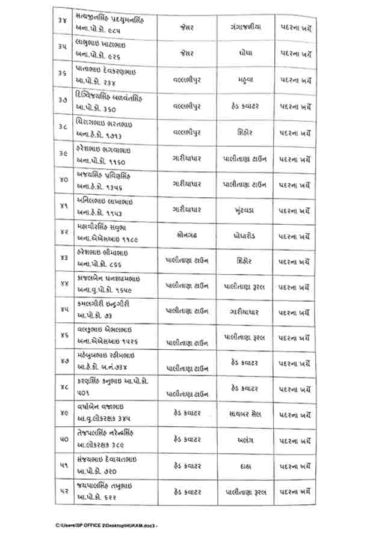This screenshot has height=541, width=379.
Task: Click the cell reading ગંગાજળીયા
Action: (x=247, y=27)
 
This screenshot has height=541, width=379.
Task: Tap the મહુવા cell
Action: (x=247, y=79)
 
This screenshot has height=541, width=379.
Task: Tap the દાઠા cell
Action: (x=247, y=466)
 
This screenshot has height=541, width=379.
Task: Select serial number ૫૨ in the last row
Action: (x=63, y=492)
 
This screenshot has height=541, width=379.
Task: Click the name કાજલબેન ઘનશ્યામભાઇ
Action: (x=108, y=279)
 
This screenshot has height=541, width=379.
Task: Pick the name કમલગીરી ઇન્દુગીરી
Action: (x=103, y=305)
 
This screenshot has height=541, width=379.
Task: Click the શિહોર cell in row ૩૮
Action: (x=247, y=130)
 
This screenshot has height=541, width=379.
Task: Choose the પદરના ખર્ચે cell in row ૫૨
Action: (x=295, y=492)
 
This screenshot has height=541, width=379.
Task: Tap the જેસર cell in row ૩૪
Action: (x=187, y=27)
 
